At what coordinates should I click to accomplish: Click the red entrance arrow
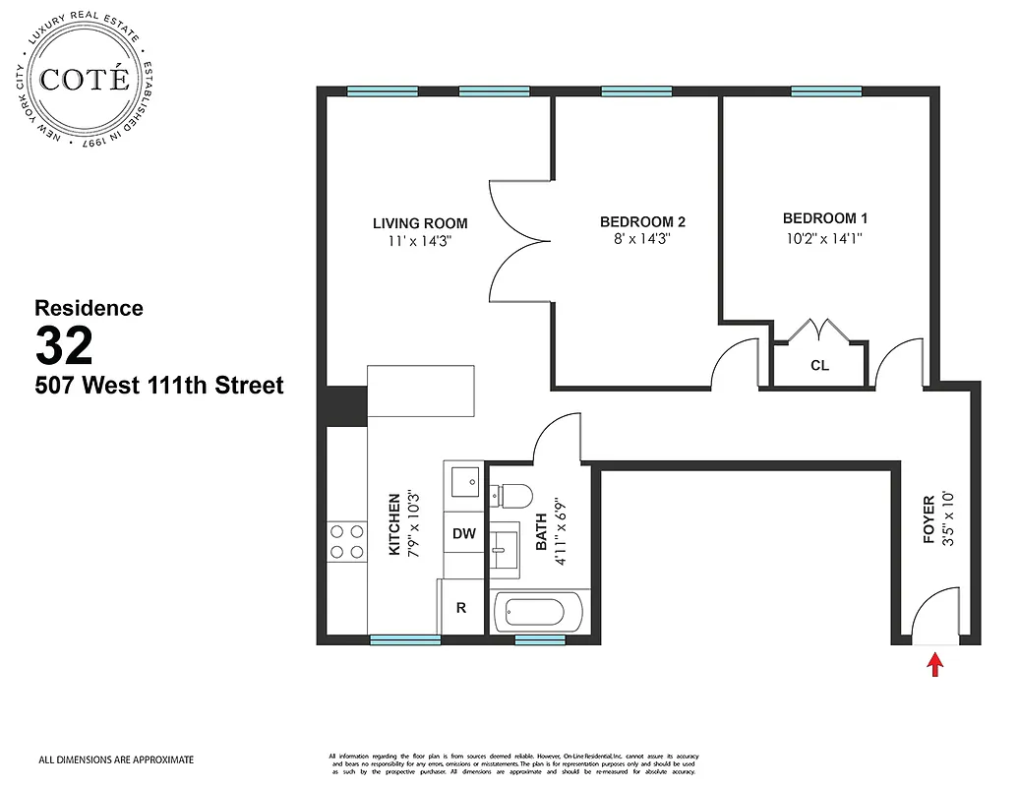(x=935, y=666)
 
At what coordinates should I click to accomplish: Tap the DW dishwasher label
(x=464, y=534)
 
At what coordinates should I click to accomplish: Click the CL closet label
(x=819, y=365)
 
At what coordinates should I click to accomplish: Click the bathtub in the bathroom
(x=531, y=613)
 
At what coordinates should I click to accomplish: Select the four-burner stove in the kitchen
(x=345, y=542)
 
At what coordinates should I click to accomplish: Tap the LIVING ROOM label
(x=419, y=223)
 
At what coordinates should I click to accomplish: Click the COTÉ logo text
(x=85, y=80)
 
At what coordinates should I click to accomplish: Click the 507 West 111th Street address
(x=159, y=386)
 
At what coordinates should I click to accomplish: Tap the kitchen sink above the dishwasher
(x=463, y=483)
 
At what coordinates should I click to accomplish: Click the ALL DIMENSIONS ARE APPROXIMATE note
(x=116, y=759)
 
